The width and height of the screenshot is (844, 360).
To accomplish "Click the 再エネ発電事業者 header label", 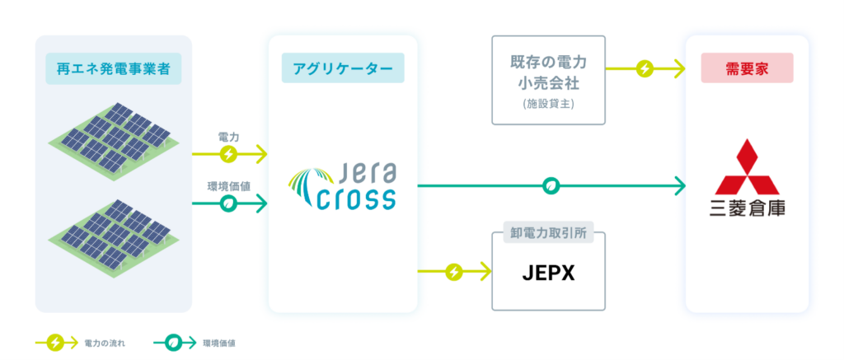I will click(x=114, y=68).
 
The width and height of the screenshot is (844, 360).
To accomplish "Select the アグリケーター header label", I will click(x=343, y=68).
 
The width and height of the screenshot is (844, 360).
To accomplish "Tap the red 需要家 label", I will click(x=747, y=68).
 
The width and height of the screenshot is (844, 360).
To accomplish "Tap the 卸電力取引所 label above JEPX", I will click(x=548, y=233).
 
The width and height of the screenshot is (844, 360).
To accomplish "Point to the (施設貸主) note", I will click(x=548, y=104).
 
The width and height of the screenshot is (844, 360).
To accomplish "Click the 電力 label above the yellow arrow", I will click(x=228, y=135).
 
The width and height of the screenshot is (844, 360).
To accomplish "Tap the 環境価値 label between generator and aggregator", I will click(x=228, y=185).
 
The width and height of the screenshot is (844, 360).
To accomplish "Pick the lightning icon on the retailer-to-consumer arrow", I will click(x=645, y=68).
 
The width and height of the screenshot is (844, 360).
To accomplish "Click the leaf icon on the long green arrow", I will click(x=552, y=186).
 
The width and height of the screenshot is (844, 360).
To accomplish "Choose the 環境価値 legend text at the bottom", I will click(x=219, y=342).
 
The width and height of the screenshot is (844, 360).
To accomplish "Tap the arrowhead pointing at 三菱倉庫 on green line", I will click(x=680, y=186).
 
